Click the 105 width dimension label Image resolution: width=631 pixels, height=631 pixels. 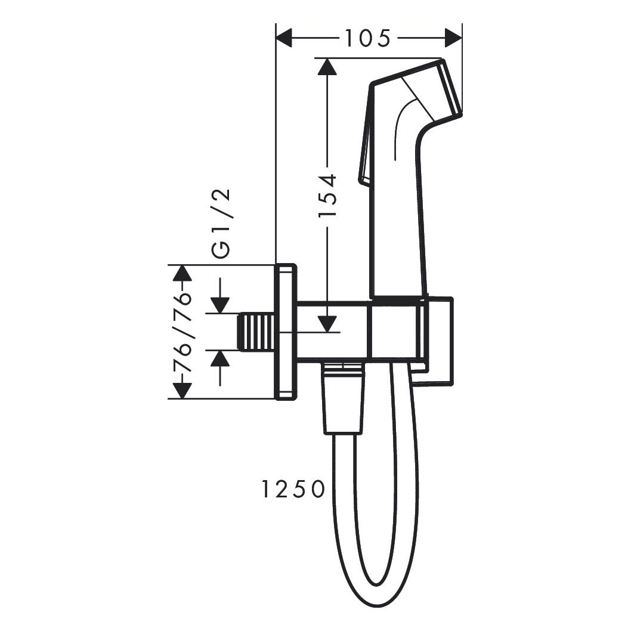point(368,38)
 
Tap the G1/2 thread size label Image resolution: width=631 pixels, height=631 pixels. point(221,223)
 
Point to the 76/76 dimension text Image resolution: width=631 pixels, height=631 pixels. point(182,332)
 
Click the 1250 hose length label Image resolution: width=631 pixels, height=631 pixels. point(293,489)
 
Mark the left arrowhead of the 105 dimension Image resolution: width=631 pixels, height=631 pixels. point(284,38)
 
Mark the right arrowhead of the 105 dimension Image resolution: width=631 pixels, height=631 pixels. point(453,38)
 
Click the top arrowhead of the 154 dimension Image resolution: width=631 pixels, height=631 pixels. point(327,66)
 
